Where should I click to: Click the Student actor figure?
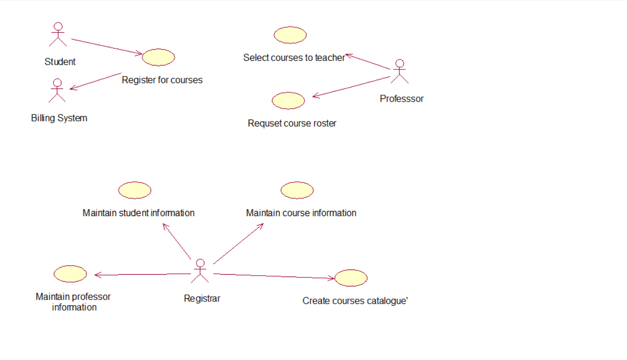point(58,35)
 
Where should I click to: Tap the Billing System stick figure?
point(57,90)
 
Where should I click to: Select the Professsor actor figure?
point(400,71)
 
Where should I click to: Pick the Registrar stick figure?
point(200,271)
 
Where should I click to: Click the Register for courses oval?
point(159,57)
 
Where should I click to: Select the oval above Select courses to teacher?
point(290,35)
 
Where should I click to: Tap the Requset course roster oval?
point(288,101)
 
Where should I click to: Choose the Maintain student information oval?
point(135,190)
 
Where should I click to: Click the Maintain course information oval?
point(297,190)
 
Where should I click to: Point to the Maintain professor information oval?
point(70,274)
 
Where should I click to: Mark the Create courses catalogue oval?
point(351,278)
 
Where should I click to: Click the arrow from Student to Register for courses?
point(106,47)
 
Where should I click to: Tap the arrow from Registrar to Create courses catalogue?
point(274,276)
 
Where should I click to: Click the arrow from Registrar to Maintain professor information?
point(143,274)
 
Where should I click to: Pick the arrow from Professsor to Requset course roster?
point(351,87)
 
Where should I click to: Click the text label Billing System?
point(59,118)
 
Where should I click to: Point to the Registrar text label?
point(202,299)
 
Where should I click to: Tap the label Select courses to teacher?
point(294,58)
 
